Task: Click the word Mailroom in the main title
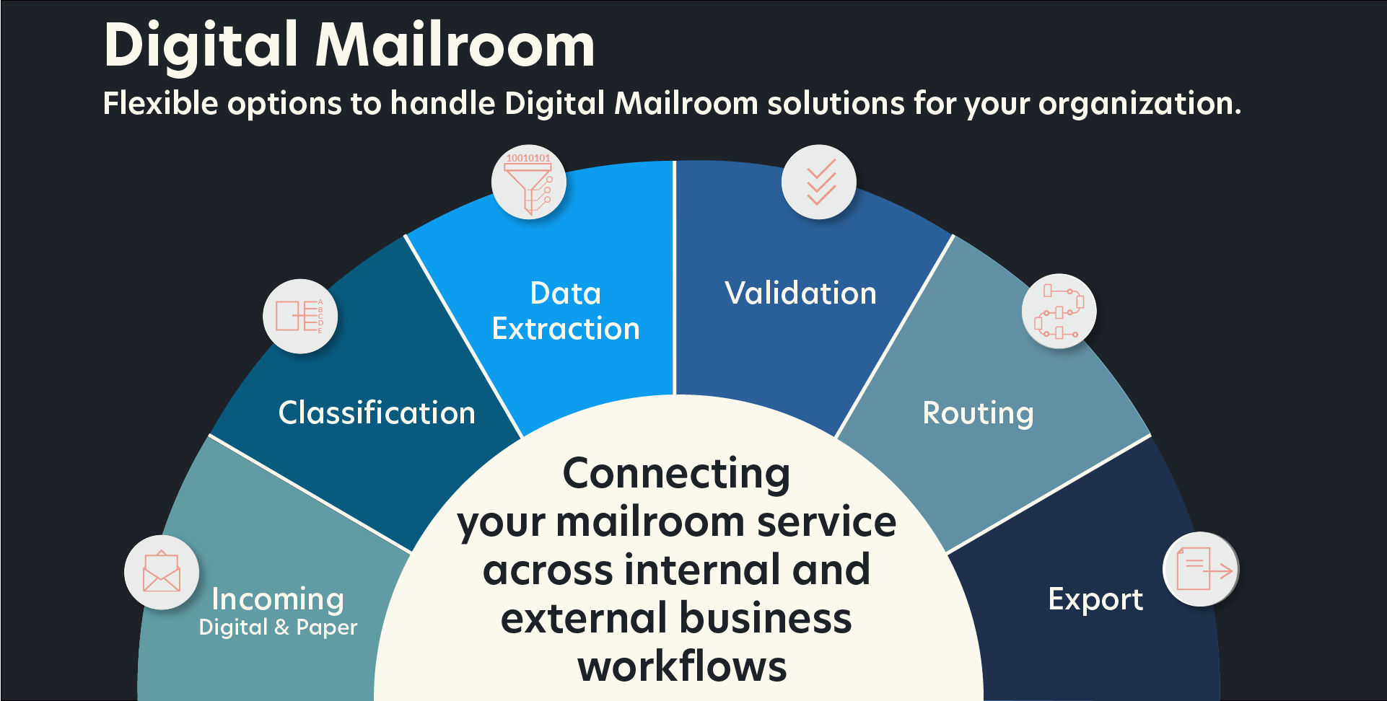(455, 45)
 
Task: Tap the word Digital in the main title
(201, 45)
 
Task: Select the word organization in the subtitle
(1139, 103)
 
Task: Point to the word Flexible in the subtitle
(160, 103)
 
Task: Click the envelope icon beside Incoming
(162, 572)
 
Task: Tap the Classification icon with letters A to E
(300, 316)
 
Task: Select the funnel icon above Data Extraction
(529, 184)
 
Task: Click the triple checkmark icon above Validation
(819, 182)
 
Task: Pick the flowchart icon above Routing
(1059, 311)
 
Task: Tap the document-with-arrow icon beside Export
(1201, 569)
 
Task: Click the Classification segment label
(377, 413)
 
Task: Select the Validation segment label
(800, 294)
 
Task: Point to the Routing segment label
(978, 414)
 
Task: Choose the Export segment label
(1095, 599)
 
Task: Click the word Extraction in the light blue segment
(566, 329)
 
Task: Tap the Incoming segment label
(278, 599)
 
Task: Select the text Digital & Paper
(278, 627)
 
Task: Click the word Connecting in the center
(676, 474)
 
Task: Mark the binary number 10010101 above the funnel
(528, 158)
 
